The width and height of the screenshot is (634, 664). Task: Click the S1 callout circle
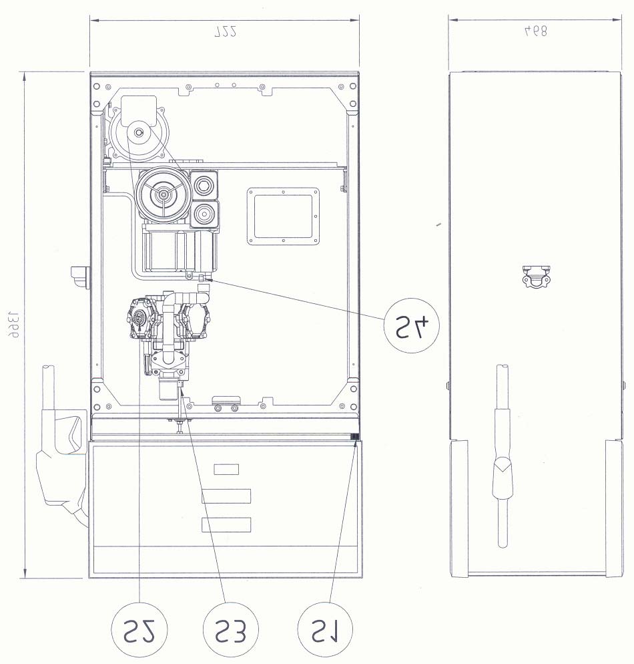[x=325, y=630]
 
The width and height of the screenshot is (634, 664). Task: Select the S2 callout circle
[x=139, y=630]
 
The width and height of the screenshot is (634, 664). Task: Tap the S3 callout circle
[x=230, y=630]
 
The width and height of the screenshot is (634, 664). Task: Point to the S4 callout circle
[x=412, y=325]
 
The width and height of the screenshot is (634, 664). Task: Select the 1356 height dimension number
[x=14, y=325]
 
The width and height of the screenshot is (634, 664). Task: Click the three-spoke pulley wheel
[x=163, y=194]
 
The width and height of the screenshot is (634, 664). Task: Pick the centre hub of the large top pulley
[x=138, y=132]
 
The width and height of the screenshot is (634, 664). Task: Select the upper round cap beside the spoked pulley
[x=204, y=185]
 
